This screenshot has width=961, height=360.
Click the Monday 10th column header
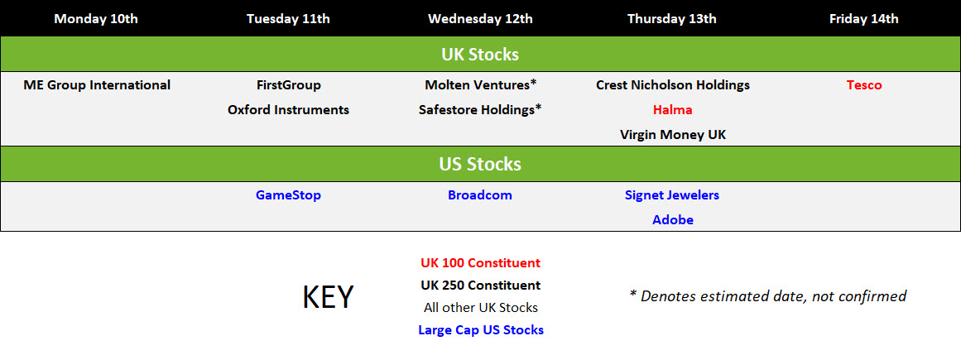coord(96,18)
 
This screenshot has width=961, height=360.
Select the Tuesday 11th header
coord(288,18)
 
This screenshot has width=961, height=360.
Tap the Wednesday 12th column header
coord(480,18)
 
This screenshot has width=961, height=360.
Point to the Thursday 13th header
coord(672,18)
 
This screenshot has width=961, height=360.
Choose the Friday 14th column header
coord(863,18)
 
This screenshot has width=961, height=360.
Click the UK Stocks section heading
coord(480,54)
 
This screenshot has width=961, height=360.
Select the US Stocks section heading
coord(480,164)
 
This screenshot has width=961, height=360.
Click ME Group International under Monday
coord(97,84)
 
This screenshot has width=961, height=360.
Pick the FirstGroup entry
coord(288,84)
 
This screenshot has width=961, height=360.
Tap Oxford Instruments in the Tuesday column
coord(288,109)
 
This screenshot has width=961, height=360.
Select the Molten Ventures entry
coord(480,84)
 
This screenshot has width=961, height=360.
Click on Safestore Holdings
coord(480,109)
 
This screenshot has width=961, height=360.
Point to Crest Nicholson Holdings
coord(672,84)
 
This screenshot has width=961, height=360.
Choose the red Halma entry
coord(672,109)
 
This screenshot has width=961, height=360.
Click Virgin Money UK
coord(672,134)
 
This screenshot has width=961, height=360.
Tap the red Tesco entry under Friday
coord(864,84)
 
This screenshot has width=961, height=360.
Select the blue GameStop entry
coord(288,195)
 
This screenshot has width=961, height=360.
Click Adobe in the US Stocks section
coord(672,219)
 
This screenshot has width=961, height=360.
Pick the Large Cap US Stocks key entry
coord(480,329)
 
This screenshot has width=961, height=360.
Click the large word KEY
coord(328,297)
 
